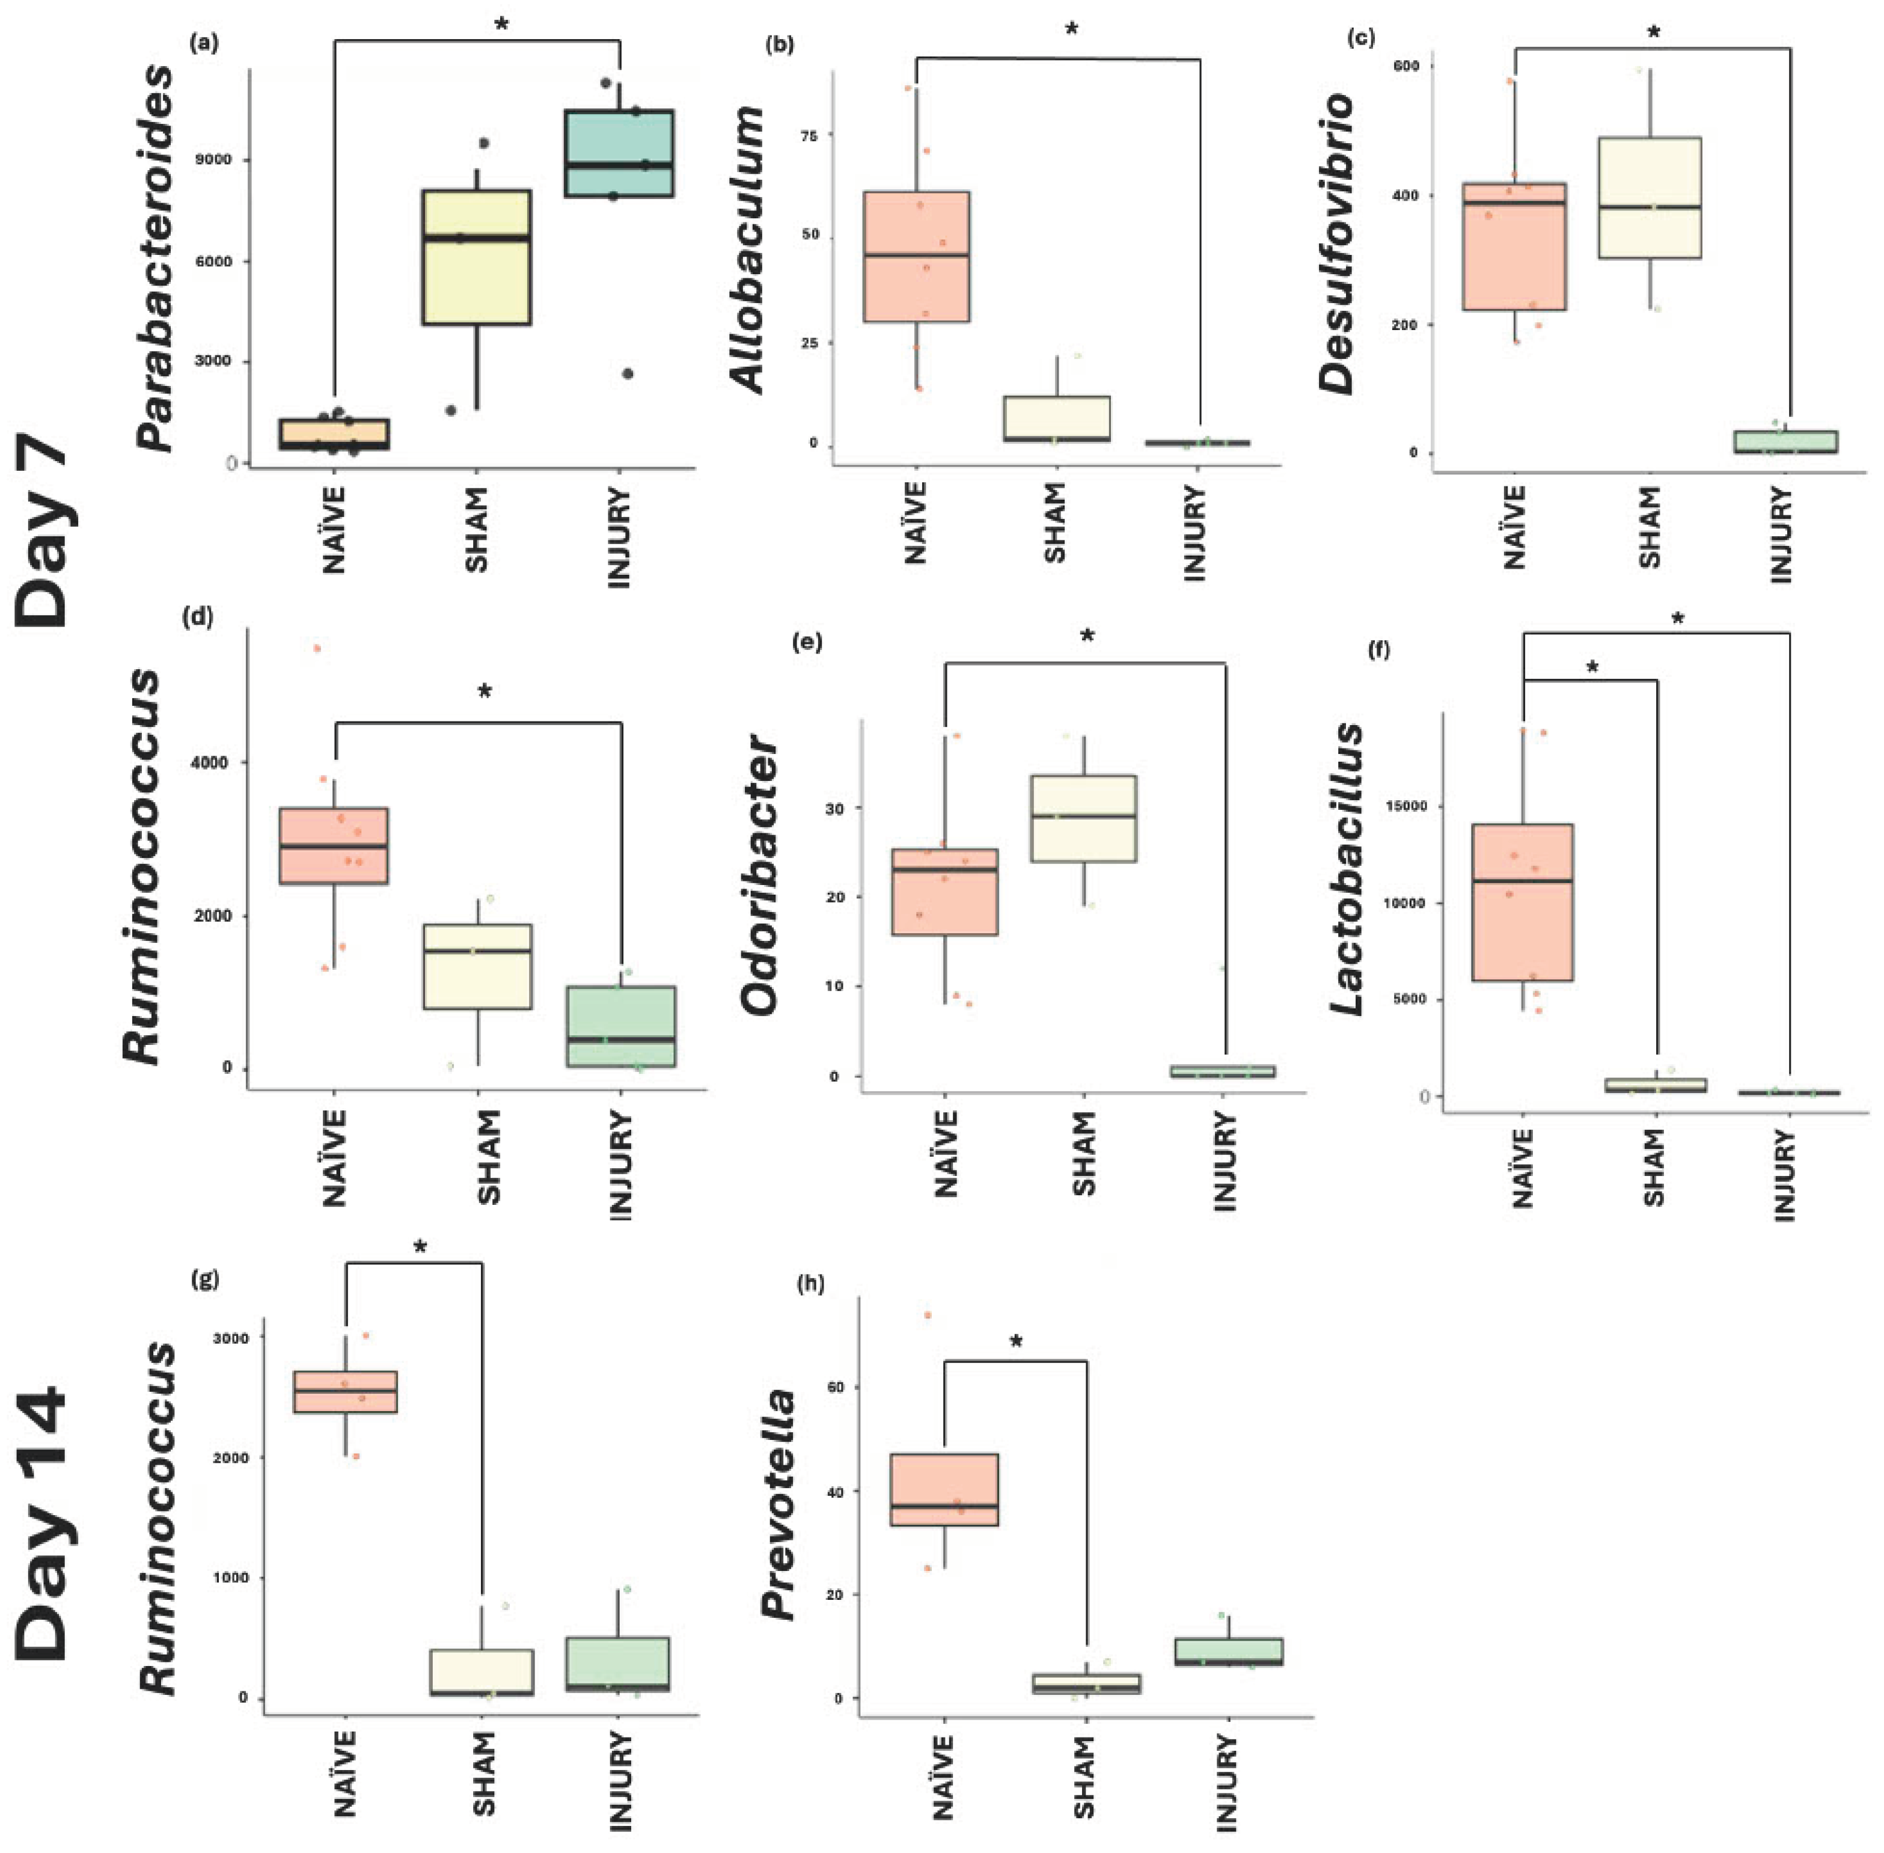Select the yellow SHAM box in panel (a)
pos(476,257)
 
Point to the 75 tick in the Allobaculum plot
pos(808,136)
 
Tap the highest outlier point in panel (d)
pos(316,648)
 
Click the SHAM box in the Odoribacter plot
pos(1083,818)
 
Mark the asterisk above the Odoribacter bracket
pos(1087,637)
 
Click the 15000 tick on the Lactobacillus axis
pos(1406,806)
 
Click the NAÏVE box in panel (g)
pos(346,1392)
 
